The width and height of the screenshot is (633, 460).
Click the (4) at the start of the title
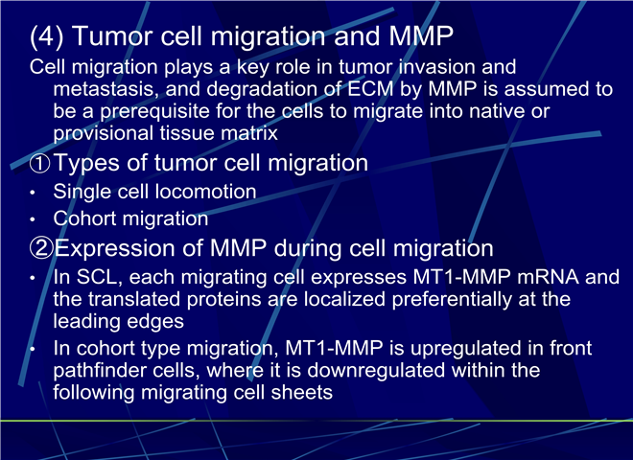46,36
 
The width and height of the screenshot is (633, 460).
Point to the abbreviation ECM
370,89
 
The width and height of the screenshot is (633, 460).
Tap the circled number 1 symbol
40,164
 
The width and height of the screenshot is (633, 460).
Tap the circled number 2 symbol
41,248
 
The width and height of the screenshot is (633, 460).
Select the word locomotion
206,192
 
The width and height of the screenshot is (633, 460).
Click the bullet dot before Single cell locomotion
33,193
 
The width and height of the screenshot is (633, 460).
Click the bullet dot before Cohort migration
33,219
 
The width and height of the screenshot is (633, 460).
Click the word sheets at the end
302,393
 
